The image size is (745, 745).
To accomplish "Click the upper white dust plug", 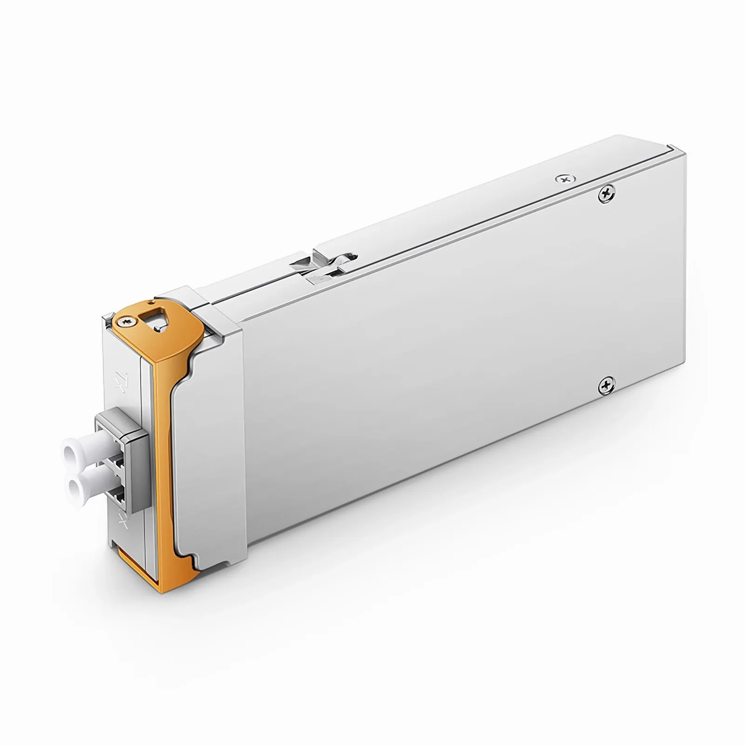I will tap(79, 450).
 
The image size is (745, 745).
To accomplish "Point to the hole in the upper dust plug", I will tap(70, 451).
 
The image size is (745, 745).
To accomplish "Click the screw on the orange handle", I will tap(125, 321).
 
